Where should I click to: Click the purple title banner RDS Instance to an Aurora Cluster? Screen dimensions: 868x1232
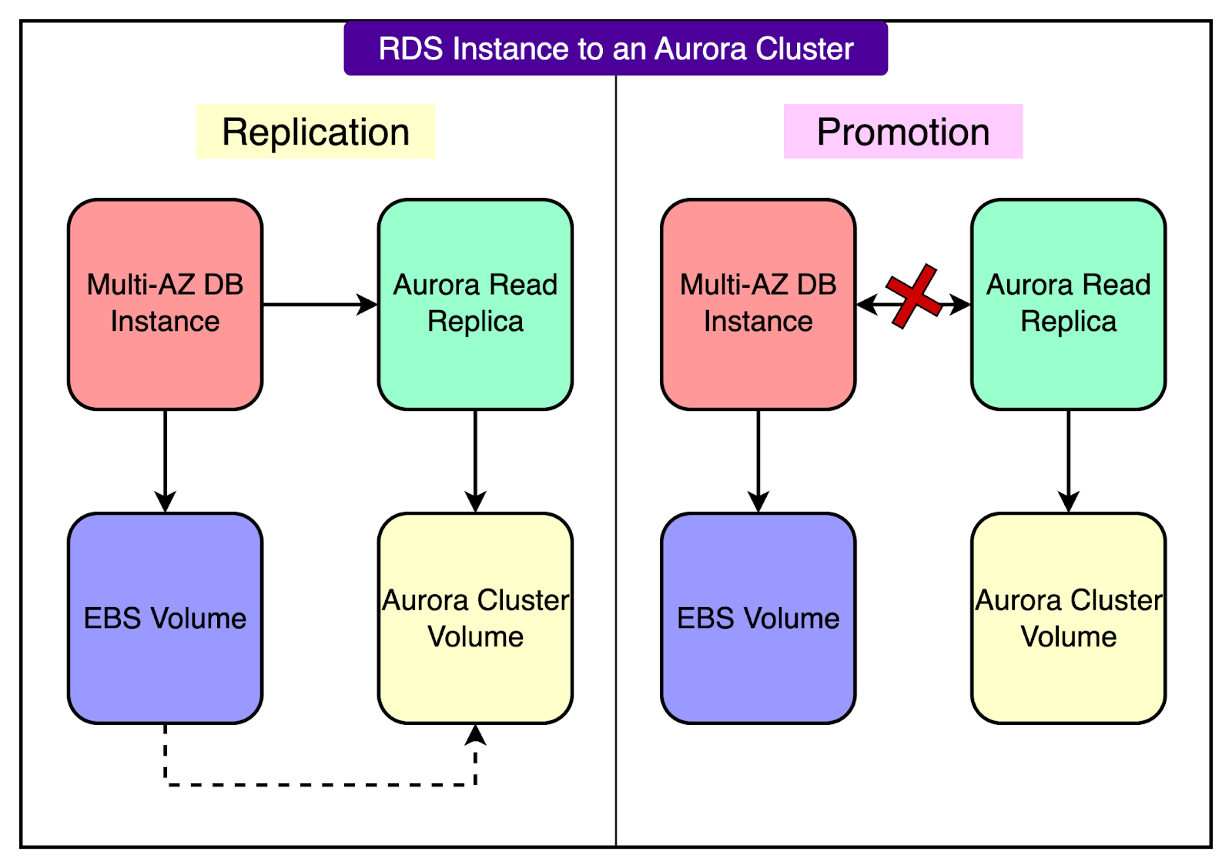615,48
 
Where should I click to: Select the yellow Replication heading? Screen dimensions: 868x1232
316,132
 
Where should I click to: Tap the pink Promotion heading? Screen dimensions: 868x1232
902,132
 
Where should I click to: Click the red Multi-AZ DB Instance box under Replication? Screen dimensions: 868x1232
166,304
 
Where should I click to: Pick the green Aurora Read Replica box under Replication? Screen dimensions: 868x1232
475,304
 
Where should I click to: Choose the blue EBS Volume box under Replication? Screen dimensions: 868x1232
166,618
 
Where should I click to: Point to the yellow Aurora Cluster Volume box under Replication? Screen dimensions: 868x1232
475,618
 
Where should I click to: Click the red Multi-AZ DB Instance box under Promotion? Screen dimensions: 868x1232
758,304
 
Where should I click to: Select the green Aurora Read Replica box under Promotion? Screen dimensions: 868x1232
1068,304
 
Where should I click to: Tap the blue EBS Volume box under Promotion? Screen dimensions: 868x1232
758,618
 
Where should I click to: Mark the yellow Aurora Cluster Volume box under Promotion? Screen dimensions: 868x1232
1068,618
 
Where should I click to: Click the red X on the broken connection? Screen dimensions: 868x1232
913,296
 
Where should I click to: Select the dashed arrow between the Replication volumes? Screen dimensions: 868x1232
320,785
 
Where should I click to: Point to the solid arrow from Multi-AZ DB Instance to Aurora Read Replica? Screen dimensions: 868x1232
320,305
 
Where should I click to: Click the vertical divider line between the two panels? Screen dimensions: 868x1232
616,462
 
